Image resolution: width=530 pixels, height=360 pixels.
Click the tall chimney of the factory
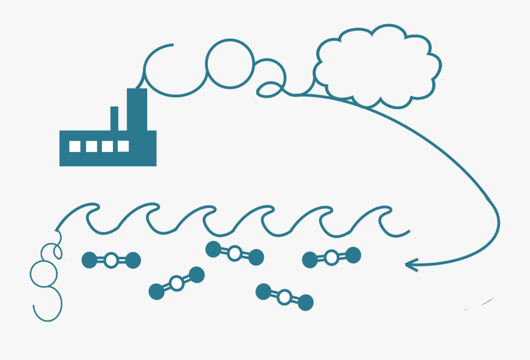[137, 109]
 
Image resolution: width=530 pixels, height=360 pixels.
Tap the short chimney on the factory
[114, 118]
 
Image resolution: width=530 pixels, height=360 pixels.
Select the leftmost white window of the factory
[75, 147]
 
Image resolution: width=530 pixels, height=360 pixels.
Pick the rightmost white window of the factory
[124, 146]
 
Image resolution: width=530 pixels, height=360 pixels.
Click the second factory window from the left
[92, 147]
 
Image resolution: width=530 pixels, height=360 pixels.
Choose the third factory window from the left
[108, 147]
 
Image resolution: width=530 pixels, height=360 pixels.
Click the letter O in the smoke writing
[206, 64]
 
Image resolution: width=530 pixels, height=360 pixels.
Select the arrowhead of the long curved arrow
[411, 265]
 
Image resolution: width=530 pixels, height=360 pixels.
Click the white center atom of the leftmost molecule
[111, 260]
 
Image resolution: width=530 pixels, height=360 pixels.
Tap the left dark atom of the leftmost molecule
[90, 260]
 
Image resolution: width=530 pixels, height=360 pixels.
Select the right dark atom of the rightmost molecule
[353, 255]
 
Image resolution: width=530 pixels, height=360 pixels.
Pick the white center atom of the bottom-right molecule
[284, 297]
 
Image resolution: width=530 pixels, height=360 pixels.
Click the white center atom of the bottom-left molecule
[177, 283]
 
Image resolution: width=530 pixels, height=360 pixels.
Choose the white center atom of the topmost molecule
[234, 253]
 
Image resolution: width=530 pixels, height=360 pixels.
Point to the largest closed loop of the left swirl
[31, 274]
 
